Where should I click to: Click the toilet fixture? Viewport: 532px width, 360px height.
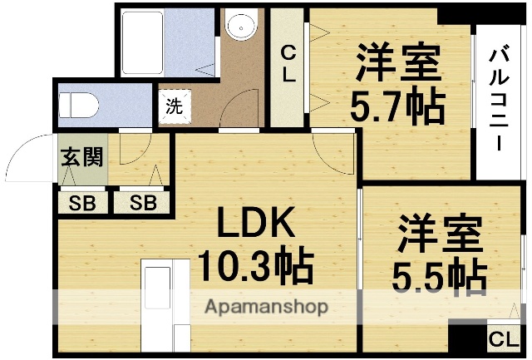(79, 106)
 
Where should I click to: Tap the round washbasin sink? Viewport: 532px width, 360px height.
(241, 27)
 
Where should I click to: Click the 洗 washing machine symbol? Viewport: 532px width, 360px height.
(174, 106)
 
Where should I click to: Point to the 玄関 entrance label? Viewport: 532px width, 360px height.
(81, 157)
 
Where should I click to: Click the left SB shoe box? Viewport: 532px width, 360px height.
(81, 202)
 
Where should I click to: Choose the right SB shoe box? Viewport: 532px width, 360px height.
(142, 202)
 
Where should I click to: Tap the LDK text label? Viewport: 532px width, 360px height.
(256, 224)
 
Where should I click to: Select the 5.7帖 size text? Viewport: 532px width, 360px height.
(397, 105)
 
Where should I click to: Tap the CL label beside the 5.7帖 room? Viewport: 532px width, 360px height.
(288, 65)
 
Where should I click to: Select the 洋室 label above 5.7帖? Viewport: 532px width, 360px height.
(397, 60)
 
